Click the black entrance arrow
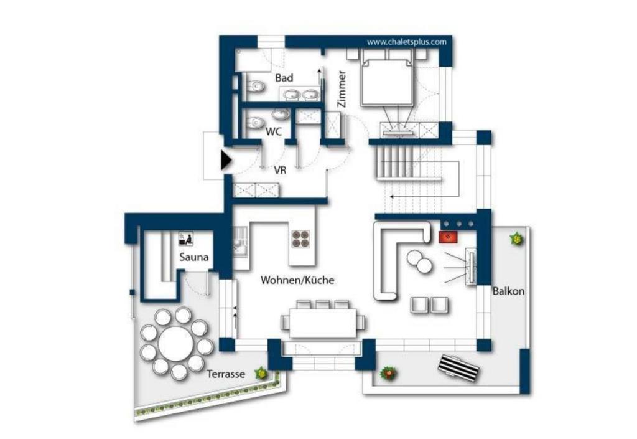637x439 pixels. (226, 160)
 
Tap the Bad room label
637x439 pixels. (284, 78)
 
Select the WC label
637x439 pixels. (274, 132)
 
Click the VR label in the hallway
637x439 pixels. (280, 170)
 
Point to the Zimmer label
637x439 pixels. (342, 89)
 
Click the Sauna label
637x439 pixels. (194, 257)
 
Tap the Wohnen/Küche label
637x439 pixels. (297, 280)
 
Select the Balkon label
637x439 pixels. (508, 291)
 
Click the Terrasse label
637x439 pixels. (226, 374)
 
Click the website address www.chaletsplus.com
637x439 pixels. (406, 42)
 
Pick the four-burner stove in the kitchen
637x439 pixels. (300, 238)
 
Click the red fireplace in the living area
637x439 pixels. (448, 237)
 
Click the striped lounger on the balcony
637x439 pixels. (458, 369)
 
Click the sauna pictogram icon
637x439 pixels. (185, 239)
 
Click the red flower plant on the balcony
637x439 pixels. (388, 372)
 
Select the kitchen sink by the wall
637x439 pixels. (239, 244)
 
